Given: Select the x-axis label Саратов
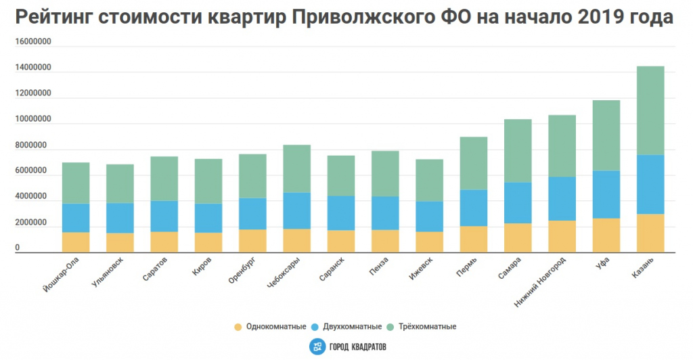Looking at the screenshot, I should (153, 269).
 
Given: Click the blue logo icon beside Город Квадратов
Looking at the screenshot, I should (317, 346).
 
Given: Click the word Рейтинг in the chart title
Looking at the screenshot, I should (51, 18).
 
